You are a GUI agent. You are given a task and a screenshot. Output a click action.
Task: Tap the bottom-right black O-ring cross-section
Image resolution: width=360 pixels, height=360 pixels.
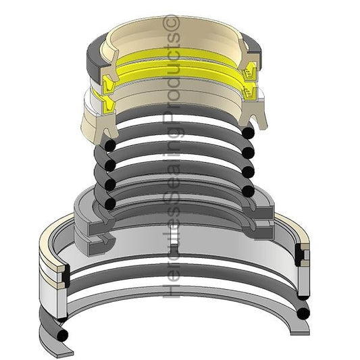click(303, 311)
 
